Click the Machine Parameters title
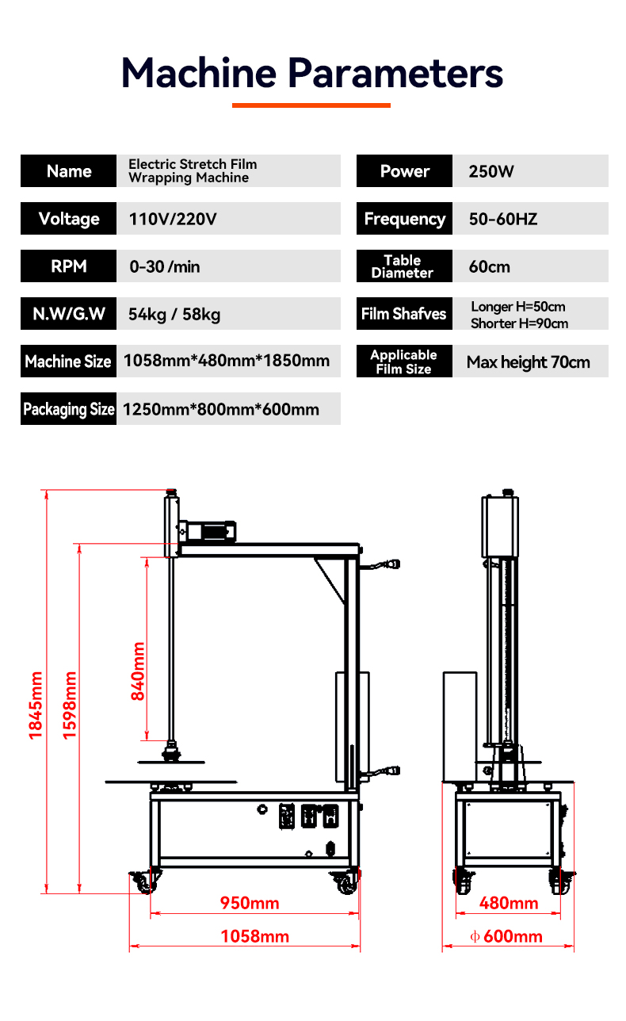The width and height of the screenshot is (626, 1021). (312, 72)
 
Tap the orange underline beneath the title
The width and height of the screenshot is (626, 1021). (311, 105)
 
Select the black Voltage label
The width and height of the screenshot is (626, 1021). (69, 219)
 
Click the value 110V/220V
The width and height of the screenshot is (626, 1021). (172, 219)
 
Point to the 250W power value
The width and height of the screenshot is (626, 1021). (491, 171)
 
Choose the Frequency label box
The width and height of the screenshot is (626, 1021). (404, 219)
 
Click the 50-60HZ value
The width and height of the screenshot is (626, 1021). (502, 219)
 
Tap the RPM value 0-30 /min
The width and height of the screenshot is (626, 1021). (165, 266)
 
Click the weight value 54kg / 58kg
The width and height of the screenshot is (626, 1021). (174, 314)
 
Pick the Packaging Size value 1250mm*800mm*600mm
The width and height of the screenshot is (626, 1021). (221, 409)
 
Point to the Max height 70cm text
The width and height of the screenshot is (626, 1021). (528, 362)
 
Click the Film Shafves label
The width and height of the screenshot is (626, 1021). (404, 314)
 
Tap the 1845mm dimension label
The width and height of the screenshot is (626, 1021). (36, 706)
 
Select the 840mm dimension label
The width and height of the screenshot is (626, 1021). (138, 671)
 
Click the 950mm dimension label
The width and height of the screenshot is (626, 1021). (250, 903)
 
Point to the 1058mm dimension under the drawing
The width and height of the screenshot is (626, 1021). (254, 936)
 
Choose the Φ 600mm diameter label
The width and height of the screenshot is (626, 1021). (506, 936)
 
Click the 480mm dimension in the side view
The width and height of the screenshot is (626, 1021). (509, 903)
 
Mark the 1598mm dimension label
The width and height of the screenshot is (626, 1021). (71, 706)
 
